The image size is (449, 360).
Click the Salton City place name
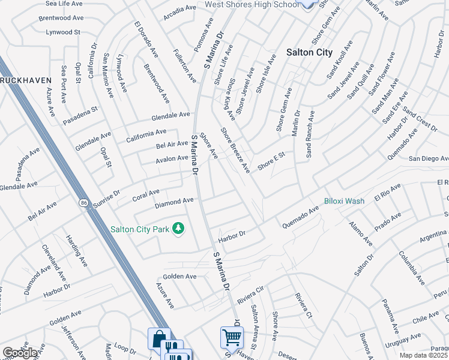click(x=309, y=52)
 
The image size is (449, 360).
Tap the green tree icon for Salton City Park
click(x=178, y=229)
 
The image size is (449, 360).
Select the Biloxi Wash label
click(x=345, y=201)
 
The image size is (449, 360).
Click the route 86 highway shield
click(x=82, y=203)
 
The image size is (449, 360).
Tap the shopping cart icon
click(x=232, y=337)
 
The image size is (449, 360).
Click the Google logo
click(x=19, y=353)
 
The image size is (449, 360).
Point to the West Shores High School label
click(x=251, y=5)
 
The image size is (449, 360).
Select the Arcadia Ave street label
click(x=180, y=8)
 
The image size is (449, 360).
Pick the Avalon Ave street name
click(x=172, y=158)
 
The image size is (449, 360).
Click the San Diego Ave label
click(x=428, y=158)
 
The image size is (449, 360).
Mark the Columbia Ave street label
click(x=411, y=268)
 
